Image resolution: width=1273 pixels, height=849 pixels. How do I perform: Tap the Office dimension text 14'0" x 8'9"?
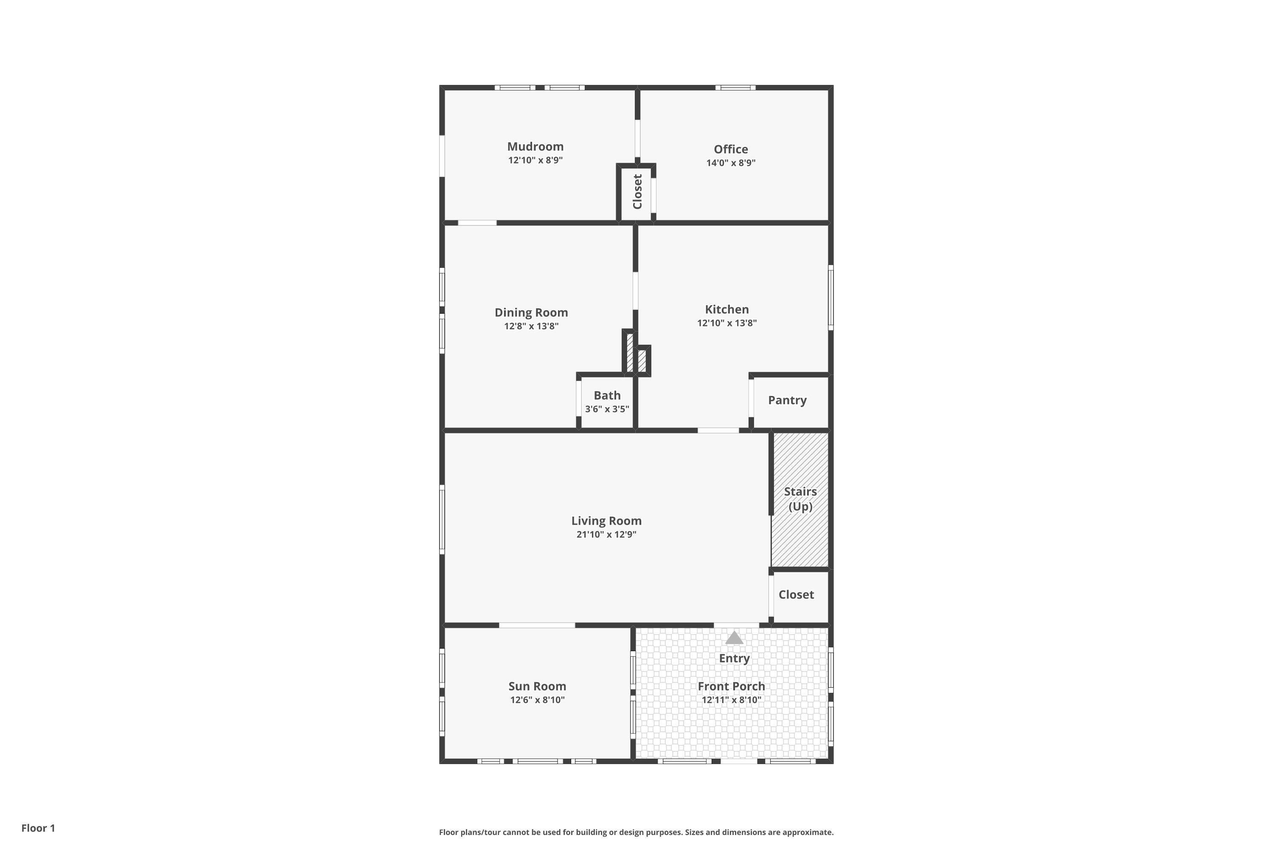731,163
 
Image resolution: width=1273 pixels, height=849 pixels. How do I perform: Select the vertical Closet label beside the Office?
637,192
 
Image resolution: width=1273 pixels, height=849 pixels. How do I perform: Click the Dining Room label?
531,312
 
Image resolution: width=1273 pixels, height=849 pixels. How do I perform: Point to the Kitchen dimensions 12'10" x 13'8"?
726,323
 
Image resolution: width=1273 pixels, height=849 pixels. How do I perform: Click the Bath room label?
607,396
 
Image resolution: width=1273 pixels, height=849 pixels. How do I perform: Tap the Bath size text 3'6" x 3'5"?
607,409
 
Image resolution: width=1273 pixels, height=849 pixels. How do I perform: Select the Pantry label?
787,400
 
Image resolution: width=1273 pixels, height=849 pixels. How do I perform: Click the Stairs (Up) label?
800,499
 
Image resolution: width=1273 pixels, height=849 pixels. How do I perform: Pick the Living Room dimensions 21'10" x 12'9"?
606,534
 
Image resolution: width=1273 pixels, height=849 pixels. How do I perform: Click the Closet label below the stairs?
796,595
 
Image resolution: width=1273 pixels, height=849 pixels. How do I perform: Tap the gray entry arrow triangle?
734,638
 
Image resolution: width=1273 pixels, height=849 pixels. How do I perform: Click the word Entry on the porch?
734,658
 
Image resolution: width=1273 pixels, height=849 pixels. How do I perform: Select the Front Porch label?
731,686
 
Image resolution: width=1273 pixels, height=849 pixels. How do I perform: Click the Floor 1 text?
38,828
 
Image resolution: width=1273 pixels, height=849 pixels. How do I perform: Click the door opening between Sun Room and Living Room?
536,625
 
